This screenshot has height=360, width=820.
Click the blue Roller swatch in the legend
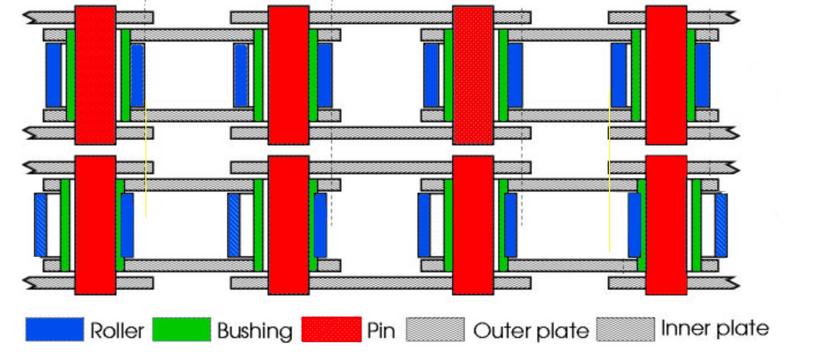coord(55,329)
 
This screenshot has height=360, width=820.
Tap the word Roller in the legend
coord(117,331)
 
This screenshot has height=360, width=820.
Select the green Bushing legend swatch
coord(182,329)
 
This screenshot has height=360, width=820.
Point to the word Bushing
coord(254,331)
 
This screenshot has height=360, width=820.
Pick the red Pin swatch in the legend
coord(332,329)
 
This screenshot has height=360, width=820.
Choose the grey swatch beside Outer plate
coord(435,329)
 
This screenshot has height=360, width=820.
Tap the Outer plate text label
coord(531,331)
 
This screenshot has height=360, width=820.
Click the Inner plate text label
coord(714,329)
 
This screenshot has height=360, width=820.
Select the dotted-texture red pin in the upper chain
coord(473,75)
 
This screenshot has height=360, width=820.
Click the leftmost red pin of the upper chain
coord(95,75)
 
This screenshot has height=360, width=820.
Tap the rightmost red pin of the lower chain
coord(666,225)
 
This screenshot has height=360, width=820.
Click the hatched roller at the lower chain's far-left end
coord(40,225)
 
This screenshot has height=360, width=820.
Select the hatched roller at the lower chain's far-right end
coord(721,225)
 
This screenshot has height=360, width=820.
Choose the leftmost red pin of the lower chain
coord(95,225)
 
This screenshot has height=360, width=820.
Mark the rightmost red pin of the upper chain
coord(666,75)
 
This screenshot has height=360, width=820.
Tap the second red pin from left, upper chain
coord(288,75)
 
